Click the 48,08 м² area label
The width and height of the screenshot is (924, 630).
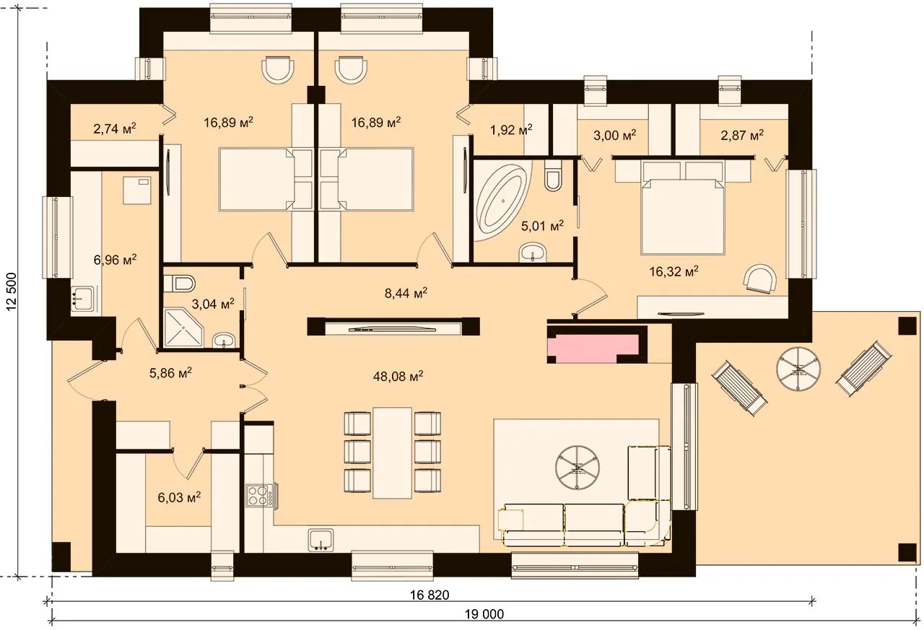click(x=398, y=376)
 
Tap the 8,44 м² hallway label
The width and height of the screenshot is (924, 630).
click(x=406, y=293)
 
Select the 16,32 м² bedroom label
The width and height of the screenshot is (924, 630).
click(x=674, y=271)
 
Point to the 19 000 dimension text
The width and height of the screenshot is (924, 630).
click(x=484, y=614)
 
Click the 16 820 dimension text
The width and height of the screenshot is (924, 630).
click(x=430, y=595)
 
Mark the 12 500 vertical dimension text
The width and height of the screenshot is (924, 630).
click(x=12, y=291)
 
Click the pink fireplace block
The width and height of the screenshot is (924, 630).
click(x=593, y=349)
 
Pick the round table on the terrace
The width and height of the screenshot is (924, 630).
click(x=798, y=368)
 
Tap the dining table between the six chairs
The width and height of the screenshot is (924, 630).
click(x=392, y=452)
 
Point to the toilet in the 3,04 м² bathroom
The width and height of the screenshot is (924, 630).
click(x=180, y=284)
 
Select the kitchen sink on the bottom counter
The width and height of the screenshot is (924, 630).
click(x=321, y=540)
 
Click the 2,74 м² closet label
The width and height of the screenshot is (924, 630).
click(x=115, y=128)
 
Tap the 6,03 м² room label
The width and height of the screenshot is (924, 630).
click(x=179, y=497)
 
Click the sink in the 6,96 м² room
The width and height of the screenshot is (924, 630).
click(x=82, y=299)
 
